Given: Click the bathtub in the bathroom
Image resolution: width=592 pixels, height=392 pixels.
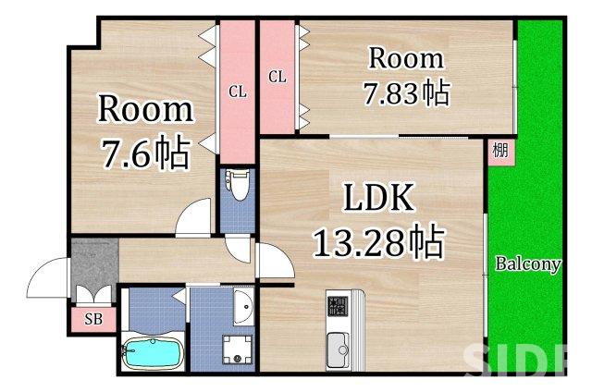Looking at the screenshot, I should tap(152, 353).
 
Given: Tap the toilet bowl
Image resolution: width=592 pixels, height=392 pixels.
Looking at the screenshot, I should tap(238, 184).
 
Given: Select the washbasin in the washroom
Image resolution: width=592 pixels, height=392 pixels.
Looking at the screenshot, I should tap(243, 305).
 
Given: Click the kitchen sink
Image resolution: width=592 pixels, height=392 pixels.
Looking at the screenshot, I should tap(339, 348).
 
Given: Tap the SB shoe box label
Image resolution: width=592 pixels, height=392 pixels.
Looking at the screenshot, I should tap(93, 320).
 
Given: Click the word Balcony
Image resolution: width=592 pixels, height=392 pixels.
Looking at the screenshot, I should tap(527, 264).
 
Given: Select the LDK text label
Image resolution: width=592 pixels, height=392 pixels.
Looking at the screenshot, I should tap(377, 199).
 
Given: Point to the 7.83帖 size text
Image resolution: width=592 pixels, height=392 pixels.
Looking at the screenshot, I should tap(407, 92).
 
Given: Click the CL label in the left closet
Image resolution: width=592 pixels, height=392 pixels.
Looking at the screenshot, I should tap(238, 92).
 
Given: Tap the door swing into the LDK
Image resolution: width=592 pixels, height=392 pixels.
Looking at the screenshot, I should tap(273, 260).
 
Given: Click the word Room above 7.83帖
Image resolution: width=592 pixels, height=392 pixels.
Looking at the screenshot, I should tap(406, 58).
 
